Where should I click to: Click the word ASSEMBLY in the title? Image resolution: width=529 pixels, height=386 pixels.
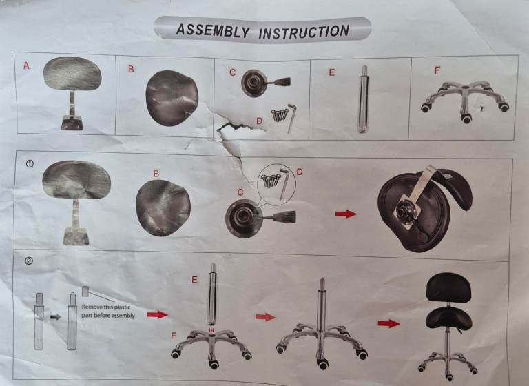pyautogui.click(x=213, y=31)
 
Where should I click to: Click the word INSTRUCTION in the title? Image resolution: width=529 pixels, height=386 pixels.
pyautogui.click(x=304, y=32)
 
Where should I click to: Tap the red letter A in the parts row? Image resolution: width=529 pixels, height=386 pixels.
pyautogui.click(x=26, y=66)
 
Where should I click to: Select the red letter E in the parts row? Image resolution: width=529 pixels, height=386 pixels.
pyautogui.click(x=331, y=72)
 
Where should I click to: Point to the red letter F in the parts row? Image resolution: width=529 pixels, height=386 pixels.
pyautogui.click(x=437, y=70)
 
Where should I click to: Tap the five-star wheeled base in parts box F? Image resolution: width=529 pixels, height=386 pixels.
pyautogui.click(x=465, y=101)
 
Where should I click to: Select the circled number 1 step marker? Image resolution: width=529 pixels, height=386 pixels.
pyautogui.click(x=30, y=164)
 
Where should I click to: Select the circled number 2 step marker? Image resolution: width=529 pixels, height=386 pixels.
pyautogui.click(x=29, y=261)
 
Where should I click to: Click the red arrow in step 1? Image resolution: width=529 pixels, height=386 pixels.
pyautogui.click(x=346, y=214)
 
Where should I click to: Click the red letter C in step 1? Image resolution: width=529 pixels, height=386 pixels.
pyautogui.click(x=240, y=192)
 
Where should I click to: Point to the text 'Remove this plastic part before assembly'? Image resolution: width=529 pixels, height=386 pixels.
pyautogui.click(x=108, y=312)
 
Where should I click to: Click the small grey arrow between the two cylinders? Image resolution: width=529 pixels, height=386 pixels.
pyautogui.click(x=55, y=317)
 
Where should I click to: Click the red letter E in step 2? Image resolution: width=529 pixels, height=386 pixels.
pyautogui.click(x=194, y=280)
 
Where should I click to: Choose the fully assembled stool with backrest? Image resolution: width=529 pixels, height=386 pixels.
pyautogui.click(x=447, y=325)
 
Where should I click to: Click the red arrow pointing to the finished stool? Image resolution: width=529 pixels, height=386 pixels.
pyautogui.click(x=388, y=323)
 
